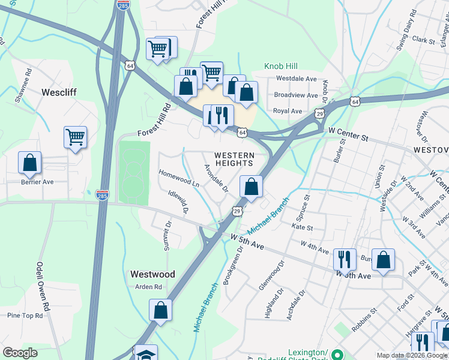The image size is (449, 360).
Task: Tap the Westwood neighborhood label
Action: (152, 274)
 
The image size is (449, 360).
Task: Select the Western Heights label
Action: (234, 160)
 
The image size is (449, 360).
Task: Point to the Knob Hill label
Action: (282, 65)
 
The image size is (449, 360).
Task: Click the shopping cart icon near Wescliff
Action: (76, 137)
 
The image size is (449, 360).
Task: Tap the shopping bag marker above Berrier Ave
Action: (29, 163)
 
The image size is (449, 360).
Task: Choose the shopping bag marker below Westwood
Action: (160, 310)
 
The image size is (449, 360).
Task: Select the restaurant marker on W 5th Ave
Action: (345, 259)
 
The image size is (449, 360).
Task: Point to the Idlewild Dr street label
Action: (179, 203)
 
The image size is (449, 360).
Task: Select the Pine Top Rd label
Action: (25, 315)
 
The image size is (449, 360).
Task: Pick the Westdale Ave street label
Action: (296, 79)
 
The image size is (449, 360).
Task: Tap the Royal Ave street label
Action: (288, 111)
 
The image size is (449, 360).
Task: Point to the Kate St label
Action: (302, 228)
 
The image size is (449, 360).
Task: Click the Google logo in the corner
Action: (20, 353)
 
